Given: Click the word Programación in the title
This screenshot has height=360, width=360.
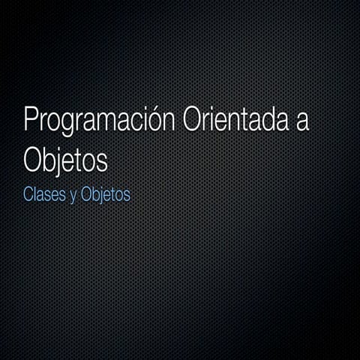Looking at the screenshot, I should (100, 122).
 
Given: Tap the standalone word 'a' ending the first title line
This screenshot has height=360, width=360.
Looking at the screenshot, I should (302, 123).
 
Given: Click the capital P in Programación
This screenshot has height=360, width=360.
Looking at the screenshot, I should (31, 121).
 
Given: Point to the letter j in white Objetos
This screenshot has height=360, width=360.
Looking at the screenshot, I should (61, 161).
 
